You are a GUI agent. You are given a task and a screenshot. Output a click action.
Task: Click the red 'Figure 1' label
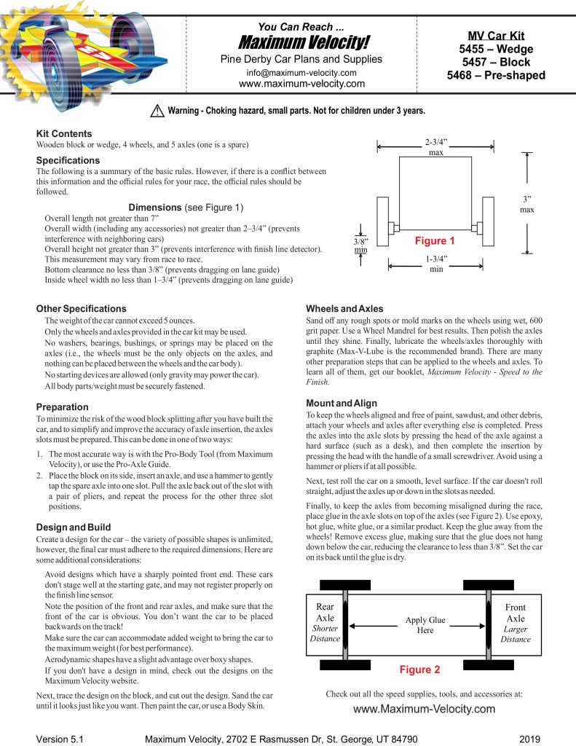435,240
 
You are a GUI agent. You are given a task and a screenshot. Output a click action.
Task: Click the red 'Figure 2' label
420,668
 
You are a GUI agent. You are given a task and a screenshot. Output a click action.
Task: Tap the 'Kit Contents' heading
64,134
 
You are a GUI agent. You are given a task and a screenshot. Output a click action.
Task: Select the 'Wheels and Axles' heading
344,309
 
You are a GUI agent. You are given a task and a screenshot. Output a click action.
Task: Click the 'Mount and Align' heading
342,403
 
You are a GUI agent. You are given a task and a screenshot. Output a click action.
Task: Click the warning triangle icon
157,111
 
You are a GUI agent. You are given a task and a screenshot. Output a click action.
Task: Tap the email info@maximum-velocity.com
301,73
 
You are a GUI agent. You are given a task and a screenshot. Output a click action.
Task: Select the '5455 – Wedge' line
496,50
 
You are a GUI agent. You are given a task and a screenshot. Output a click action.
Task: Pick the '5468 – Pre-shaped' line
496,75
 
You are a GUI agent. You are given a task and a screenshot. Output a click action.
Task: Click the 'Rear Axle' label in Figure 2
326,613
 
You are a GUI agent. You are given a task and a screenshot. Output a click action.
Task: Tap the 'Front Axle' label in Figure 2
515,613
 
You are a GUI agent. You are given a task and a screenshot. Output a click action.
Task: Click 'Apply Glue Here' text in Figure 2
425,625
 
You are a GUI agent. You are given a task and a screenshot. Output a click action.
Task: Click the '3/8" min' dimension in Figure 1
361,245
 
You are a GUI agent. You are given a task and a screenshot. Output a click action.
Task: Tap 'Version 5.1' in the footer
60,739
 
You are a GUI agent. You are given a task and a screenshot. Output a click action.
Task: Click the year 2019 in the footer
530,739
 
